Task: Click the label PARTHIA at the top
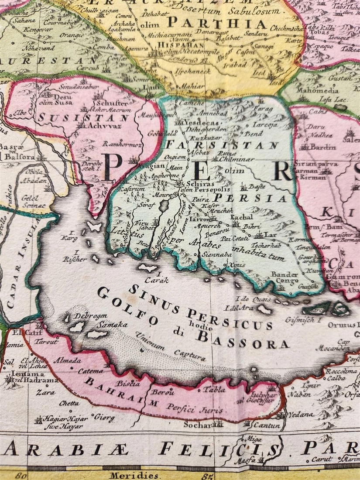point(216,23)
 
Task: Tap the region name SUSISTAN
point(83,117)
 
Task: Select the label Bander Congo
point(285,278)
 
